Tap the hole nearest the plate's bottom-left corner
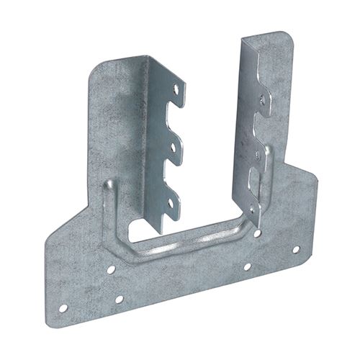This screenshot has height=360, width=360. pos(63,308)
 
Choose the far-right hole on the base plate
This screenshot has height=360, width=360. pos(295,249)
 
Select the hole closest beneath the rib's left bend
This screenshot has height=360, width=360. pos(111,269)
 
